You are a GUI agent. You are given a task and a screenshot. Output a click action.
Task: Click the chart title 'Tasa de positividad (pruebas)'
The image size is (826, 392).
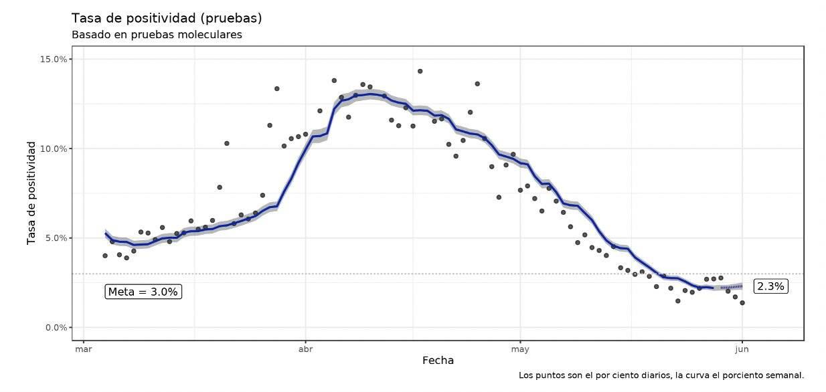166,17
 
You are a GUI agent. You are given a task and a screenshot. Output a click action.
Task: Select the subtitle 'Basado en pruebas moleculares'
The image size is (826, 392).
157,35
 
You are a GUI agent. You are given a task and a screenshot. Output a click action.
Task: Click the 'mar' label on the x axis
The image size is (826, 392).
83,349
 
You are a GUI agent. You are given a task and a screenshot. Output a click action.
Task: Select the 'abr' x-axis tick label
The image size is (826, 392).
305,349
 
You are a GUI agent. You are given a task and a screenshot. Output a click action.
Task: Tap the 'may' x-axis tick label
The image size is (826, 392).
520,349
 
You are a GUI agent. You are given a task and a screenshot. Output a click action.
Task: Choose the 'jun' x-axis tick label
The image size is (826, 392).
742,349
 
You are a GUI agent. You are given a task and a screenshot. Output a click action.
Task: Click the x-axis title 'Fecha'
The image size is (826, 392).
438,361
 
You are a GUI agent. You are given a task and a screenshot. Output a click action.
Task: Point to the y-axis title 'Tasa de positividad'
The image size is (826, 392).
31,193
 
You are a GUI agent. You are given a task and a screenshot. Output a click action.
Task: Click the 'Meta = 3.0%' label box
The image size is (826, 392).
143,292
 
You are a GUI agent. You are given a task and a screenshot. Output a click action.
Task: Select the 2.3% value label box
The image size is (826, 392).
770,286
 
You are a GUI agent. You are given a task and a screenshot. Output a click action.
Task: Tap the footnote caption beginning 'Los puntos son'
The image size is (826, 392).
661,376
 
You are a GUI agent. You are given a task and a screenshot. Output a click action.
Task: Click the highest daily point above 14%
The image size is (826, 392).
420,71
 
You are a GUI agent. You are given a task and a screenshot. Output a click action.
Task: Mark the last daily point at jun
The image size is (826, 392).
742,303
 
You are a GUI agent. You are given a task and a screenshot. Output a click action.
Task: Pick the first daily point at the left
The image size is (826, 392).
105,256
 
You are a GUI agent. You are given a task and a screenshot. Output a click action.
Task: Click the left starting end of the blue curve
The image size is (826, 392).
106,233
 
